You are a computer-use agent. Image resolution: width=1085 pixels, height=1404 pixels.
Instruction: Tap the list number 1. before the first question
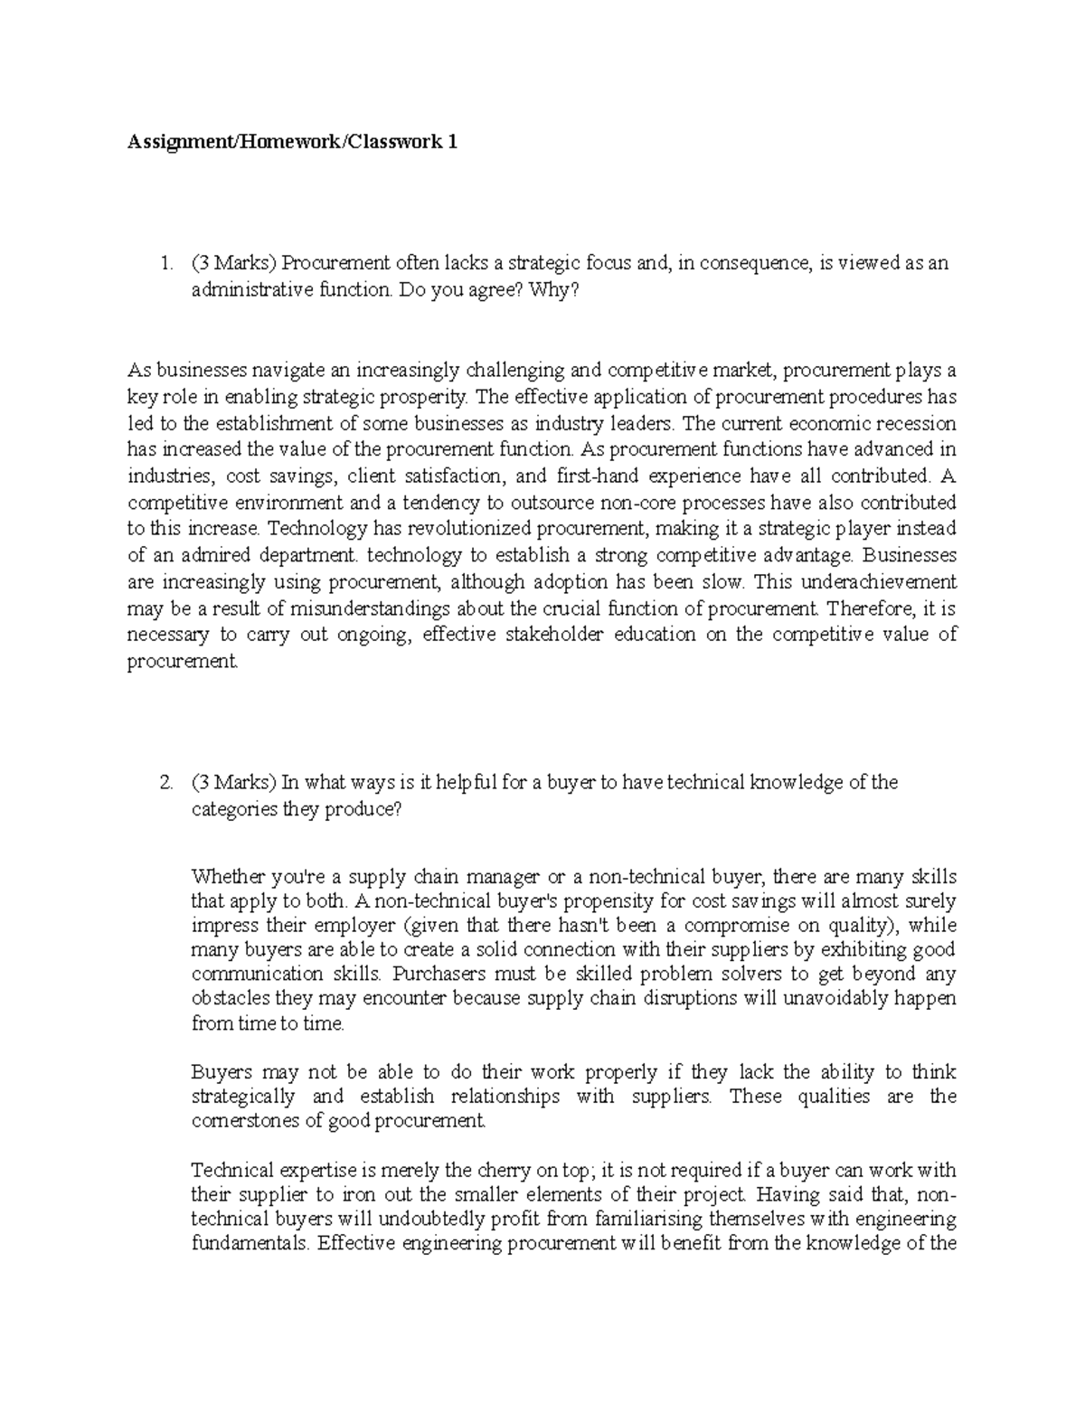[165, 264]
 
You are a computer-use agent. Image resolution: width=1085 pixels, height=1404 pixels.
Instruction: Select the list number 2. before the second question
[165, 783]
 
